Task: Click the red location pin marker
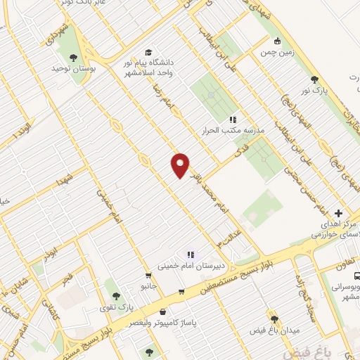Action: (180, 165)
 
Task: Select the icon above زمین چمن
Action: (278, 41)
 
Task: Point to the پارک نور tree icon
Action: (315, 79)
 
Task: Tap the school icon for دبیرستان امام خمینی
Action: (189, 255)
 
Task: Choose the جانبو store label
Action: (147, 287)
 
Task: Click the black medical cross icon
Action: (339, 213)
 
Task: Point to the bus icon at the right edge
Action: (356, 277)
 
